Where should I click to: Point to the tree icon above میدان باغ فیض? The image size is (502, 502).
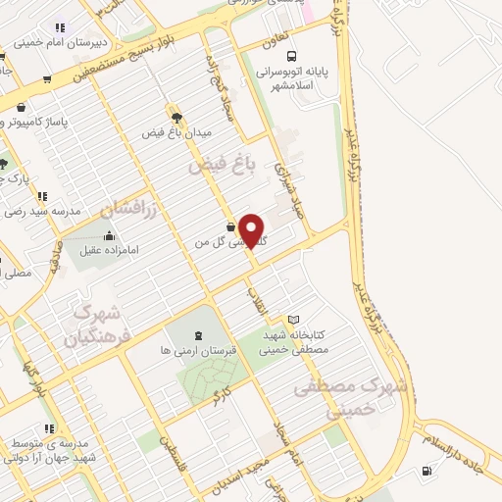click(176, 114)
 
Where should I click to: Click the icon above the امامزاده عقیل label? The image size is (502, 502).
click(109, 236)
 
